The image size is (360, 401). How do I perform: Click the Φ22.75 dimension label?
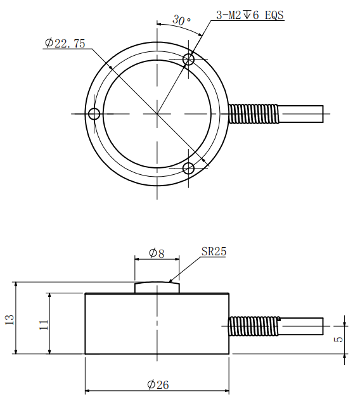tap(65, 43)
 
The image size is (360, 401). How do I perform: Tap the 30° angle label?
tap(181, 20)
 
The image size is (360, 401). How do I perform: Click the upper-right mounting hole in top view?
tap(189, 60)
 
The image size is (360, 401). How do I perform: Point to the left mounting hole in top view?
tap(94, 113)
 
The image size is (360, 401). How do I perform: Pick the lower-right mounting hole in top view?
tap(189, 168)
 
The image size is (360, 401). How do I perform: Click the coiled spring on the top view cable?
tap(254, 113)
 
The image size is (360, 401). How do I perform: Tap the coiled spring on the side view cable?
tap(254, 326)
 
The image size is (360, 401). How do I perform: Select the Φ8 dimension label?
tap(157, 253)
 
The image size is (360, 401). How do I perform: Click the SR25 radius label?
tap(214, 251)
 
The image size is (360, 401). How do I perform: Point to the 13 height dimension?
tap(10, 320)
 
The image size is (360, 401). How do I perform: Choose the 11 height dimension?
tap(44, 324)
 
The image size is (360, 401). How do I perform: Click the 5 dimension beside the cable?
tap(338, 339)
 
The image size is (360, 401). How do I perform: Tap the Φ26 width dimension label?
tap(158, 385)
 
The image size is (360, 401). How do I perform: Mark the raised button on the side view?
tap(157, 287)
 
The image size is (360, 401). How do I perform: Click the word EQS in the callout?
tap(274, 15)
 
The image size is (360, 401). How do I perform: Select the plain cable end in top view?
tap(301, 114)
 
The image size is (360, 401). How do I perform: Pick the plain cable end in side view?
tap(301, 326)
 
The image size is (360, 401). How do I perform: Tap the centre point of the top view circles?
tap(157, 113)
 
